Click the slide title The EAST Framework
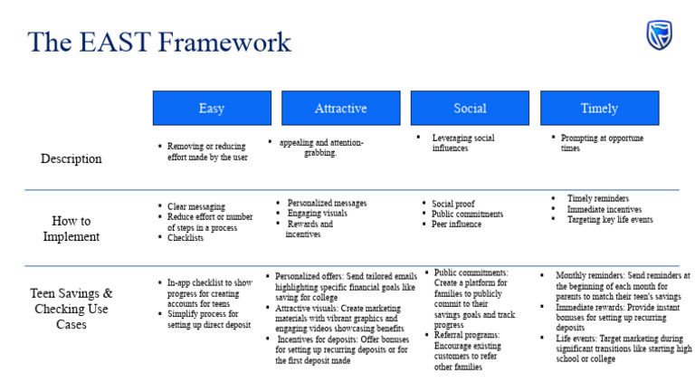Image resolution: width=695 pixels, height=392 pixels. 159,42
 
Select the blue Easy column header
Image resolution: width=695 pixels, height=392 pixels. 211,109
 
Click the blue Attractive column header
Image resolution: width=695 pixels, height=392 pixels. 340,109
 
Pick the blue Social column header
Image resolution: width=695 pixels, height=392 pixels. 470,109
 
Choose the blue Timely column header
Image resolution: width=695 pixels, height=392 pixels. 599,109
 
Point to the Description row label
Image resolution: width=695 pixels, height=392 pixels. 71,159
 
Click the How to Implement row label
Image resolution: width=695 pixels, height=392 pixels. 71,227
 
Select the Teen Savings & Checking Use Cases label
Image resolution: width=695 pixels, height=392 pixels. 71,308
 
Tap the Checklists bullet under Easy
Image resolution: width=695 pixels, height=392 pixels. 186,238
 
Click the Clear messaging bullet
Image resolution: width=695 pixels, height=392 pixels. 195,206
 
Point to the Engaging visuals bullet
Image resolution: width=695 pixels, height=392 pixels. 318,214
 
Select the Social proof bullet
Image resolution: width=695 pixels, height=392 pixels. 452,204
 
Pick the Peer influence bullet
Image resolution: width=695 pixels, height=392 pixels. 457,225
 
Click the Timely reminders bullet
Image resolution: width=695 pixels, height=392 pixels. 597,198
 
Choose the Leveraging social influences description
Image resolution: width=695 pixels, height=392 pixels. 462,143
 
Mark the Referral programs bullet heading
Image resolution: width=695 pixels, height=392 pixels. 466,335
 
